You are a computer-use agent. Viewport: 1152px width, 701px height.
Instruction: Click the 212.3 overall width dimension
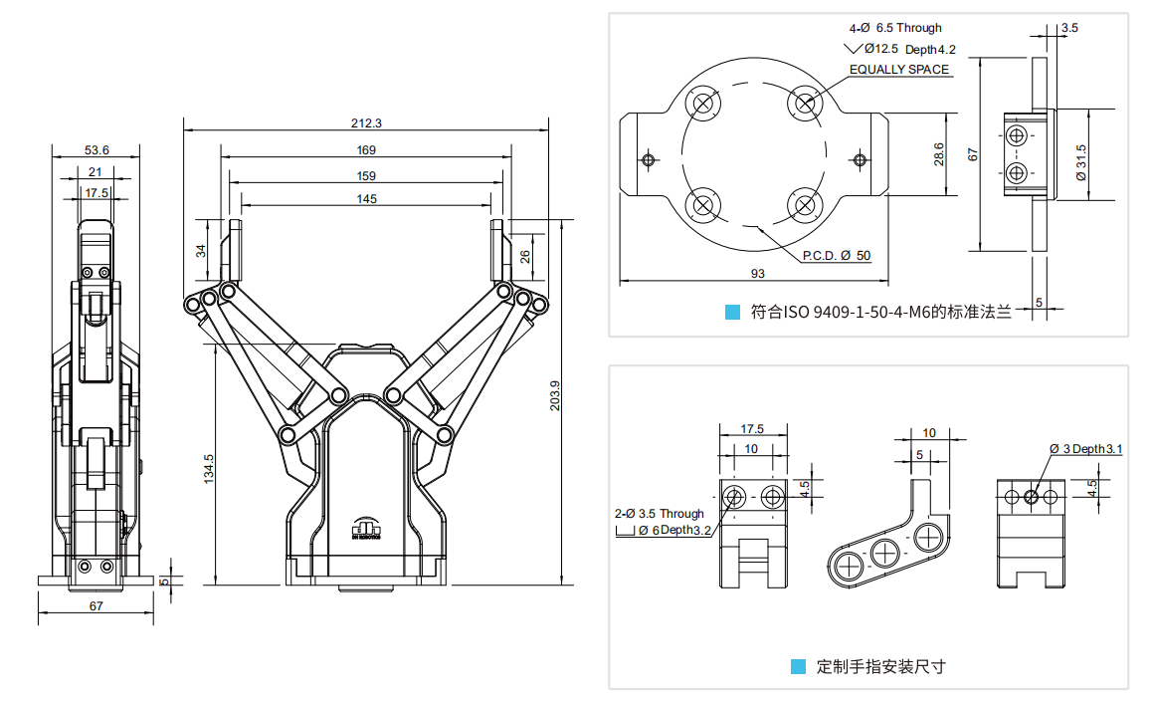pyautogui.click(x=366, y=123)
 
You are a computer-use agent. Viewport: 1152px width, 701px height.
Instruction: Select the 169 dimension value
pyautogui.click(x=366, y=150)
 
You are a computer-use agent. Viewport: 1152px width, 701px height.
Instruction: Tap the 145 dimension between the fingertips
pyautogui.click(x=366, y=199)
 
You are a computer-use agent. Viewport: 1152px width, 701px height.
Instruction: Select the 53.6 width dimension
pyautogui.click(x=96, y=150)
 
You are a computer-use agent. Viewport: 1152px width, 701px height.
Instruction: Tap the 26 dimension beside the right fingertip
pyautogui.click(x=524, y=256)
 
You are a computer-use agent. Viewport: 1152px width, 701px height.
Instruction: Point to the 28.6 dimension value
pyautogui.click(x=938, y=153)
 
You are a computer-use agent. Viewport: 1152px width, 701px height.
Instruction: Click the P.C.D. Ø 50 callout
pyautogui.click(x=837, y=256)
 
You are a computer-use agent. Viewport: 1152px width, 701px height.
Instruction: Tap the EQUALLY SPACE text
pyautogui.click(x=899, y=70)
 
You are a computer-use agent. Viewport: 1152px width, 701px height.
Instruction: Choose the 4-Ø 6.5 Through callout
pyautogui.click(x=894, y=28)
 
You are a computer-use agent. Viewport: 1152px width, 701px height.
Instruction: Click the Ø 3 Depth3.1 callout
pyautogui.click(x=1085, y=448)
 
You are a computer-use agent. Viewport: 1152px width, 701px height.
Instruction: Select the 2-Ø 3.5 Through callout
pyautogui.click(x=659, y=514)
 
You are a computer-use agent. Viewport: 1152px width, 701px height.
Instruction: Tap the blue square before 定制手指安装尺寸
pyautogui.click(x=798, y=666)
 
